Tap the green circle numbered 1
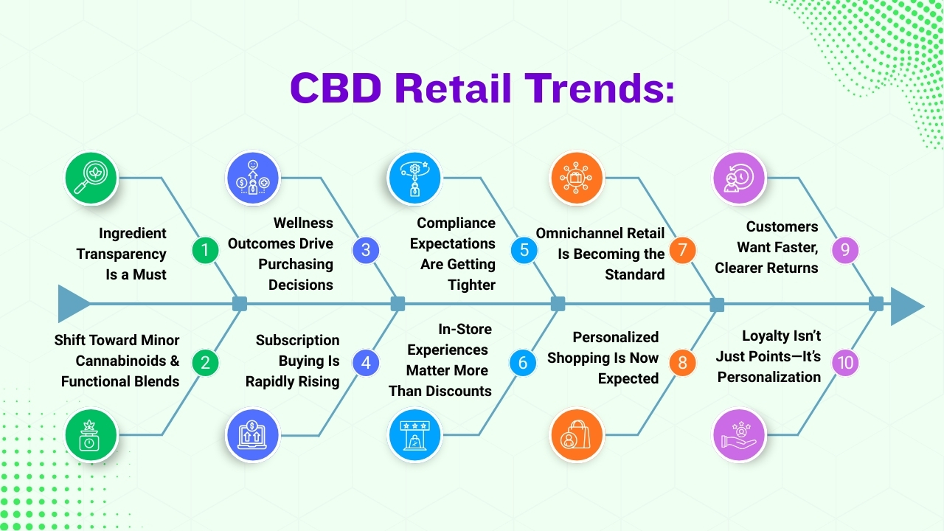coord(205,251)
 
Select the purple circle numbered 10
coord(844,362)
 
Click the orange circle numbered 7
coord(682,250)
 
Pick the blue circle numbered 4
coord(366,362)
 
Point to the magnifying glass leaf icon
coord(91,178)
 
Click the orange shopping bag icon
coord(577,435)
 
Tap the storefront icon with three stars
coord(415,435)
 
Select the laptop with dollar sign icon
coord(253,435)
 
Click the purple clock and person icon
coord(739,178)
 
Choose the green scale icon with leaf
coord(91,435)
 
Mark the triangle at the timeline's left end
coord(73,304)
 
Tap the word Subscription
coord(297,340)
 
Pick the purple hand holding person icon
coord(739,435)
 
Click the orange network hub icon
coord(577,178)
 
